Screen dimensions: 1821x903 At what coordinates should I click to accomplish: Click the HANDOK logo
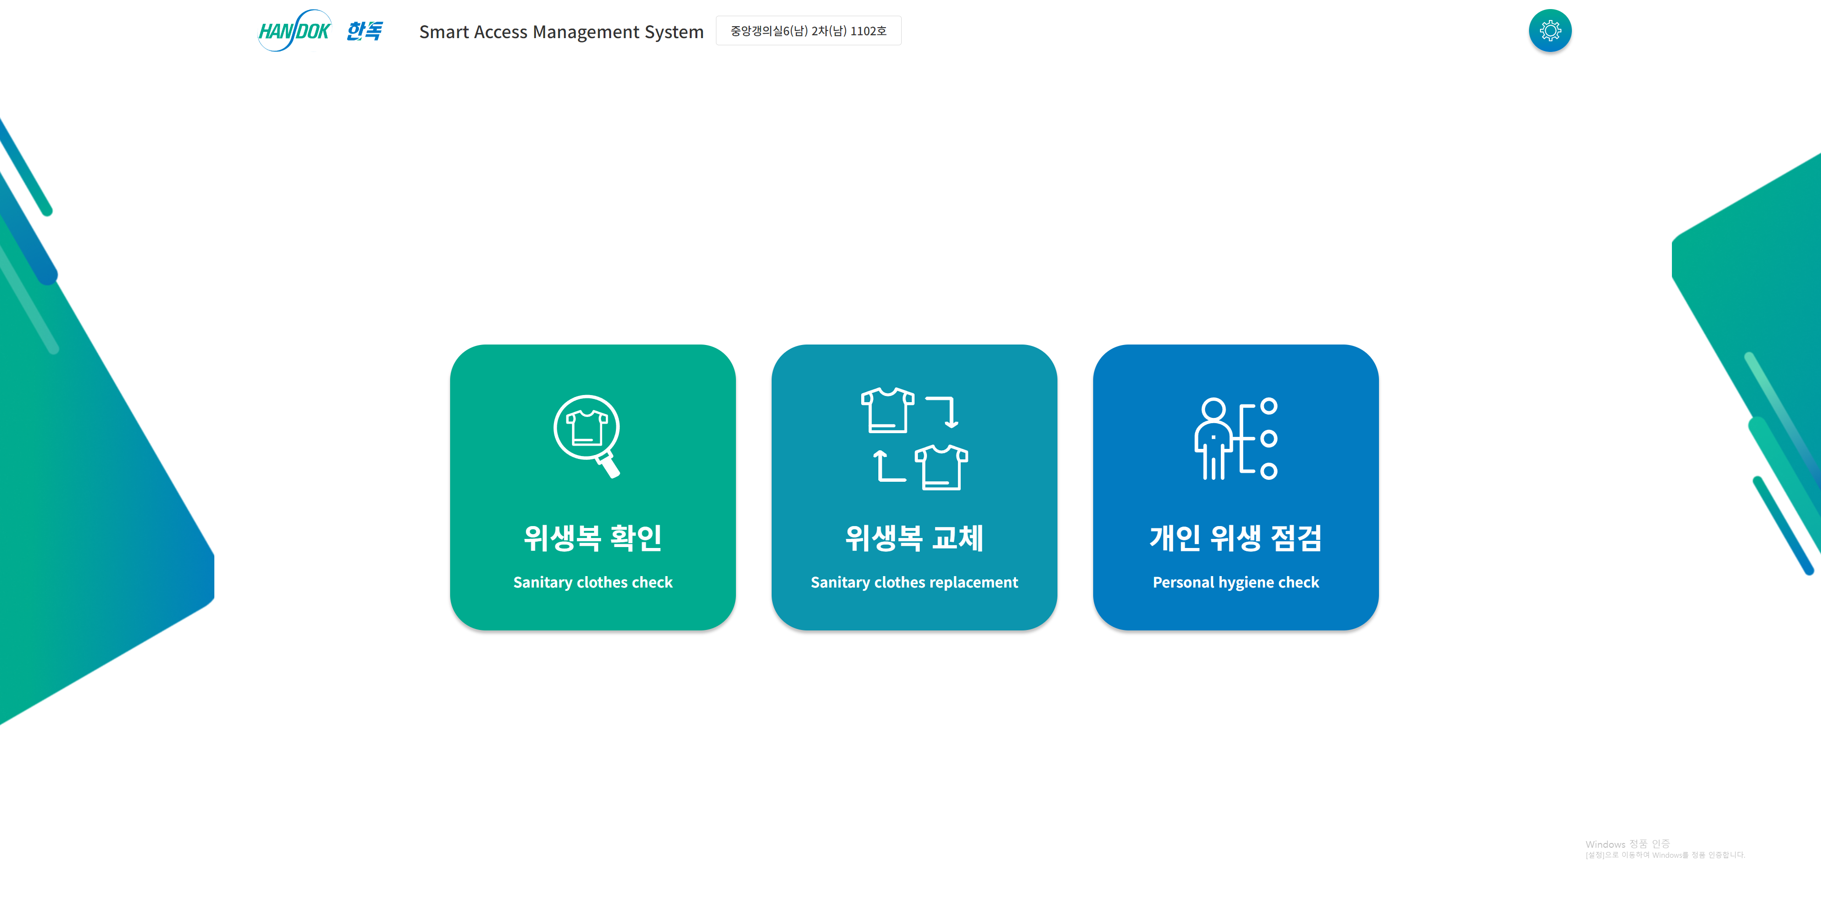click(294, 30)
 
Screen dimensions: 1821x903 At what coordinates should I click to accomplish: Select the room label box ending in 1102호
click(808, 30)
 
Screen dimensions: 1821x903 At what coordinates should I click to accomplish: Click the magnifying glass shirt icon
click(587, 436)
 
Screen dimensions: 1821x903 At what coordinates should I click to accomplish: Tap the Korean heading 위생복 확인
click(593, 538)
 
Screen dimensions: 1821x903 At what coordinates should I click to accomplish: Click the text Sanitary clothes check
click(593, 582)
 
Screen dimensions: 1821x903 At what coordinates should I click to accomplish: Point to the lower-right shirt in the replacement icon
click(941, 467)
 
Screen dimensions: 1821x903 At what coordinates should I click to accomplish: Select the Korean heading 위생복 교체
click(914, 538)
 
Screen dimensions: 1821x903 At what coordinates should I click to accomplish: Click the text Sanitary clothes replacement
click(914, 582)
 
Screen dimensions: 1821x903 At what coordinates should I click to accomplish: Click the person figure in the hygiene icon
click(1213, 438)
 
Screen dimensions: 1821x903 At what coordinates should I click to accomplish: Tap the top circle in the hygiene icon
click(1269, 406)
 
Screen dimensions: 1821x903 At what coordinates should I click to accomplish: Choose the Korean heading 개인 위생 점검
click(1236, 538)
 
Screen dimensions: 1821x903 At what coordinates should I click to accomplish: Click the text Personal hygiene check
click(1236, 582)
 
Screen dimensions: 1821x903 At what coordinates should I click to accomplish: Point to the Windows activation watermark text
click(1665, 849)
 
